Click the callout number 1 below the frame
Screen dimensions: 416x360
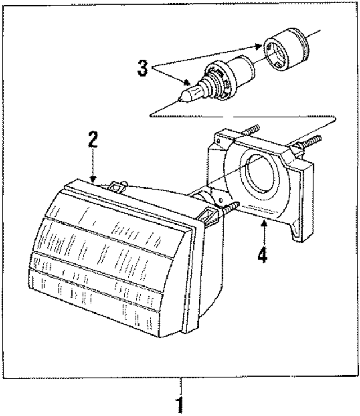tap(181, 404)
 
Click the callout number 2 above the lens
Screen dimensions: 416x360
tap(93, 140)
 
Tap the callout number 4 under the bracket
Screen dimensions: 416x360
tap(262, 253)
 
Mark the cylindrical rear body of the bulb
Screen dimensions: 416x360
tap(242, 66)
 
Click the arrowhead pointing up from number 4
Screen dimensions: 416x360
tap(262, 223)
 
